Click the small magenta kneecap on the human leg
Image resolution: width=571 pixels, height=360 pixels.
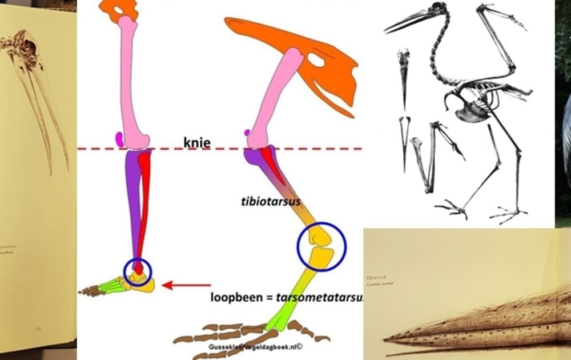point(120,138)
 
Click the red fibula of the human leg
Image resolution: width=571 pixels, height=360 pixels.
point(142,200)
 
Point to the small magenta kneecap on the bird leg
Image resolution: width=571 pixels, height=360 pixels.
point(247,133)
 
